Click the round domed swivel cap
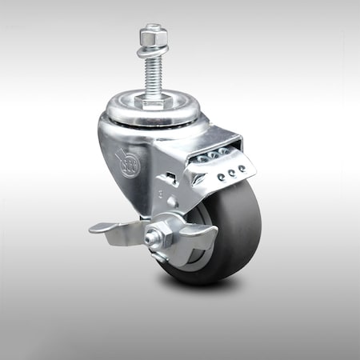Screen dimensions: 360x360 152,112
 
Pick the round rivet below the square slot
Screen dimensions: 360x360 171,202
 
